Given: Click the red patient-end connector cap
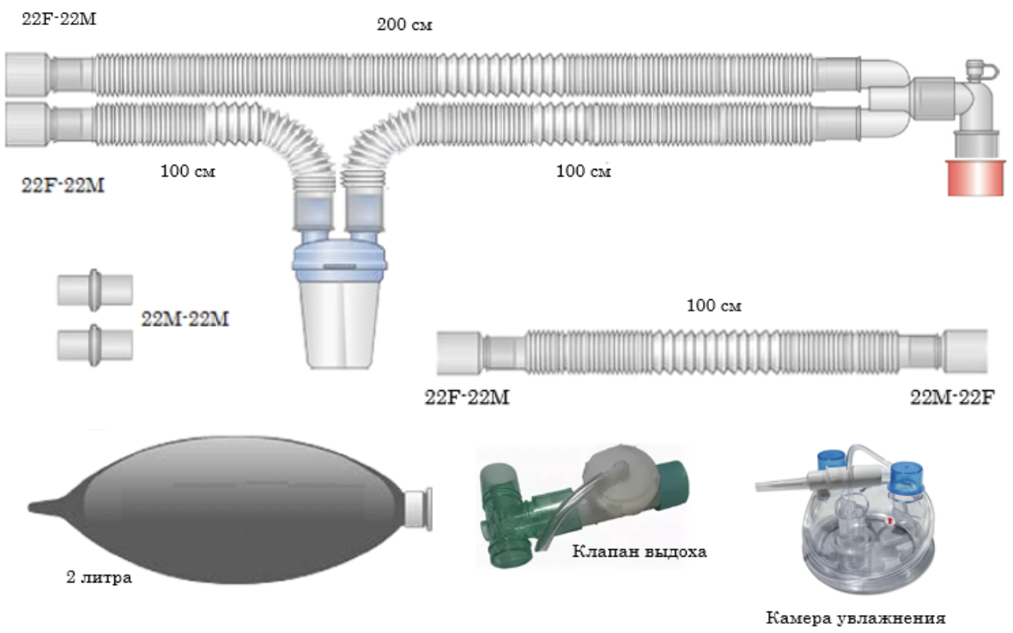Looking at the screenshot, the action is pyautogui.click(x=975, y=178).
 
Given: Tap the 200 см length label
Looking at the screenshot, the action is pyautogui.click(x=404, y=25).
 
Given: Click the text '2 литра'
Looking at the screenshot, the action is pyautogui.click(x=99, y=577).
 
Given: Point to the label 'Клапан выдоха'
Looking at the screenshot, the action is pyautogui.click(x=639, y=551).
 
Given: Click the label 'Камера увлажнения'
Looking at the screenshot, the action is pyautogui.click(x=855, y=618).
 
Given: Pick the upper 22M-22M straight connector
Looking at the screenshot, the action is pyautogui.click(x=95, y=291).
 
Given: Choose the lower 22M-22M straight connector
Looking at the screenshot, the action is pyautogui.click(x=95, y=345).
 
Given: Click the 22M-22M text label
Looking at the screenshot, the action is pyautogui.click(x=185, y=319).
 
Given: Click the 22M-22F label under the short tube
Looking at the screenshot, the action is pyautogui.click(x=952, y=397).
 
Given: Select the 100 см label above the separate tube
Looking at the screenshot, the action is pyautogui.click(x=713, y=305).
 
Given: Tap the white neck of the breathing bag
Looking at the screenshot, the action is pyautogui.click(x=419, y=509).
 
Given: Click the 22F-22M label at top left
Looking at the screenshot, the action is pyautogui.click(x=58, y=19).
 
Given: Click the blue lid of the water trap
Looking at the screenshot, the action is pyautogui.click(x=340, y=262).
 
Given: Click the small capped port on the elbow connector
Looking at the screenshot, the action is pyautogui.click(x=974, y=69).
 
